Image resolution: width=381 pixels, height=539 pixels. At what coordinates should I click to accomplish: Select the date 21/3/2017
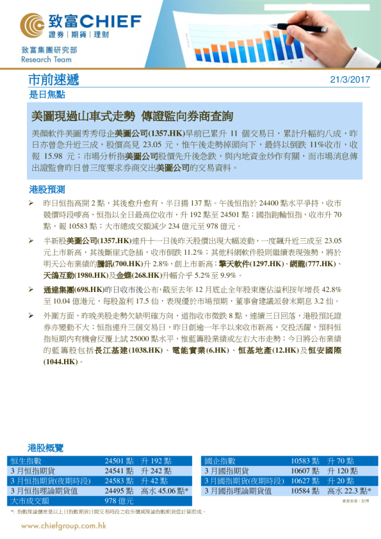click(350, 80)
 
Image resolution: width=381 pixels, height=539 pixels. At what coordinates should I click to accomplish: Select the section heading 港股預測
click(47, 189)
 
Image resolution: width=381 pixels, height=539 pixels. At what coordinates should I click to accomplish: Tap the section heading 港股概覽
click(47, 447)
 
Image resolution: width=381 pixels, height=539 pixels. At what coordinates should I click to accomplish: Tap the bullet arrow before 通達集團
click(32, 289)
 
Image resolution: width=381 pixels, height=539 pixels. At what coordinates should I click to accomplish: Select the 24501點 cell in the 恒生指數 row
click(118, 460)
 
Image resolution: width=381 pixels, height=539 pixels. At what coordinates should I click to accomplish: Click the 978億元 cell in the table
click(118, 501)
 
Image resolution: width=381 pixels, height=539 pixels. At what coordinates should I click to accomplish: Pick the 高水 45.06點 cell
click(165, 490)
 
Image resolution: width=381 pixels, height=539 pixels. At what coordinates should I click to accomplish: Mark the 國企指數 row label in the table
click(221, 460)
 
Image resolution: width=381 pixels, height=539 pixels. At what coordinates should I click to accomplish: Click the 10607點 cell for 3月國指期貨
click(305, 471)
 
